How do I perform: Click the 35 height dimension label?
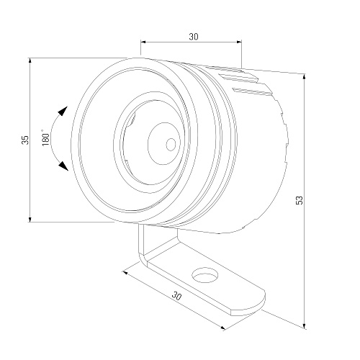[x=25, y=140]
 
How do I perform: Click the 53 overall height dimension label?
[x=300, y=200]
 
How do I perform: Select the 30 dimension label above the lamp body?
[x=194, y=37]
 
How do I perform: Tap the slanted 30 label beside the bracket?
[x=176, y=297]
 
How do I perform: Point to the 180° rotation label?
[x=45, y=138]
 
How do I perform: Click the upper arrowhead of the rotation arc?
[x=63, y=111]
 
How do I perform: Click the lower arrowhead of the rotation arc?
[x=63, y=166]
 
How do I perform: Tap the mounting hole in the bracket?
[x=205, y=275]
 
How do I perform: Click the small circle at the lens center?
[x=171, y=145]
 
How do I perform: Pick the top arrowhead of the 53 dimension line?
[x=305, y=77]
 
